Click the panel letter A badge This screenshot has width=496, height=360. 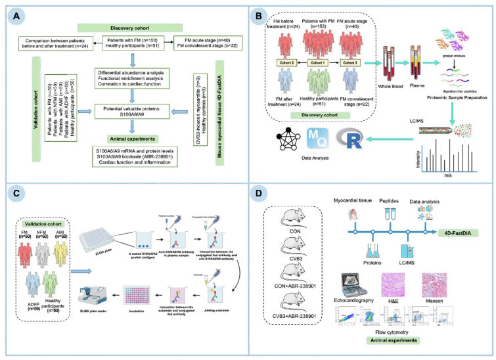point(14,12)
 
